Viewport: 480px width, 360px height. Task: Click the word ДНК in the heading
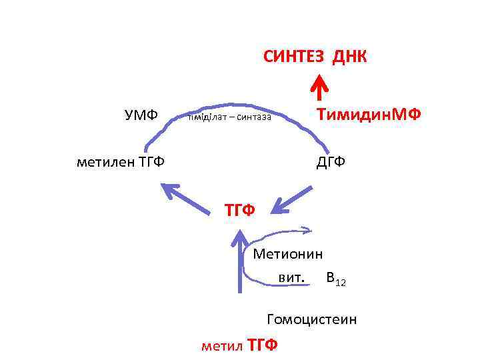click(349, 56)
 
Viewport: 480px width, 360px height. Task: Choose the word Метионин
click(288, 254)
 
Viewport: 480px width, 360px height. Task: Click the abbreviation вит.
click(292, 276)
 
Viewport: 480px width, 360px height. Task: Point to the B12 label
click(336, 277)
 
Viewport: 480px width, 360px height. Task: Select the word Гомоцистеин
click(311, 319)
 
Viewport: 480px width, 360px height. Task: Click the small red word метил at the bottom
click(221, 345)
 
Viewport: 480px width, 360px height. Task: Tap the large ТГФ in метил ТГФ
click(262, 345)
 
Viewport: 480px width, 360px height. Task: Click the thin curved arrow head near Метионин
click(307, 231)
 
